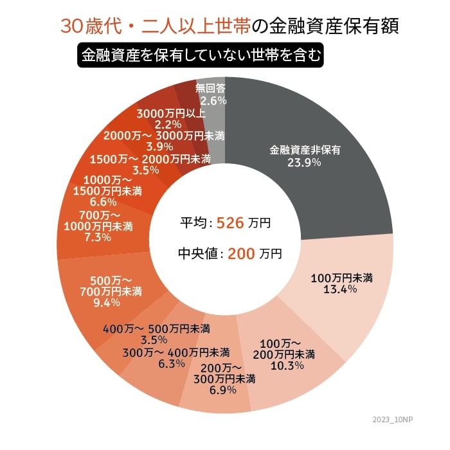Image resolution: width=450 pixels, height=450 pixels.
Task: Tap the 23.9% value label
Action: pos(305,163)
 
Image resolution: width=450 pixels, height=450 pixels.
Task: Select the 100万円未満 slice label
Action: pos(341,278)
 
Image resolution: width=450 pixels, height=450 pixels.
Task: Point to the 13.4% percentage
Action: pos(341,290)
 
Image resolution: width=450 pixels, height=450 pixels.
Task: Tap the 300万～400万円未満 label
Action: pos(176,352)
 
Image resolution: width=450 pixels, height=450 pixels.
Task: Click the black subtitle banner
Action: pos(199,55)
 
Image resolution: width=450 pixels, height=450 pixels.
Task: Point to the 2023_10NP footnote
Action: pos(393,420)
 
